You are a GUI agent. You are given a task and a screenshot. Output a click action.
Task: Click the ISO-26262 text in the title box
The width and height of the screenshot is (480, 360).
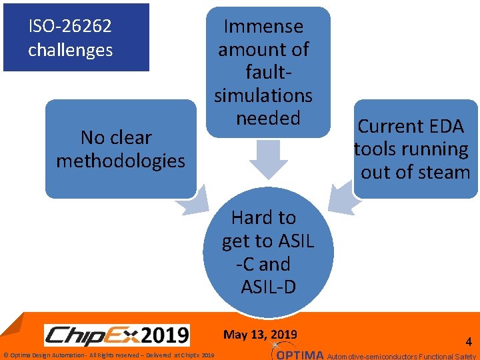click(70, 27)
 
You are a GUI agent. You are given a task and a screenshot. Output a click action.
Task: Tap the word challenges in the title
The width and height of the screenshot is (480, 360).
click(70, 50)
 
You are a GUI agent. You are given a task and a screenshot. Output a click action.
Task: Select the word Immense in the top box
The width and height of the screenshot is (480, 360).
click(263, 27)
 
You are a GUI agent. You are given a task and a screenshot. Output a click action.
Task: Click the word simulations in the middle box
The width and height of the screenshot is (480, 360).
click(263, 95)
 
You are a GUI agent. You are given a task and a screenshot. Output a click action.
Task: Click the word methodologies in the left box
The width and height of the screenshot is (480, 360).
click(121, 161)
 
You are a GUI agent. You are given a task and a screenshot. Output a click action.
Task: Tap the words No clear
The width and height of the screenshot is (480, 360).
click(116, 137)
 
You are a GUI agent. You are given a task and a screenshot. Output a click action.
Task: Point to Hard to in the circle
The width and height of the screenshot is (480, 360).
click(263, 217)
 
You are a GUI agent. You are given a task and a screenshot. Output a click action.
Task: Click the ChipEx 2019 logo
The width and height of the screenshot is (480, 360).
click(117, 335)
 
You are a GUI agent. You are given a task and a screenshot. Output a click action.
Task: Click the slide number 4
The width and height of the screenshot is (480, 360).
click(468, 342)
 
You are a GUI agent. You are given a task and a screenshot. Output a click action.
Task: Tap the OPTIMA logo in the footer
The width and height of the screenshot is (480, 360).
click(299, 353)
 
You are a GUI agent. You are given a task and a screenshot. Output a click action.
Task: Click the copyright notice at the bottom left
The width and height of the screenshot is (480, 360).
click(109, 355)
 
